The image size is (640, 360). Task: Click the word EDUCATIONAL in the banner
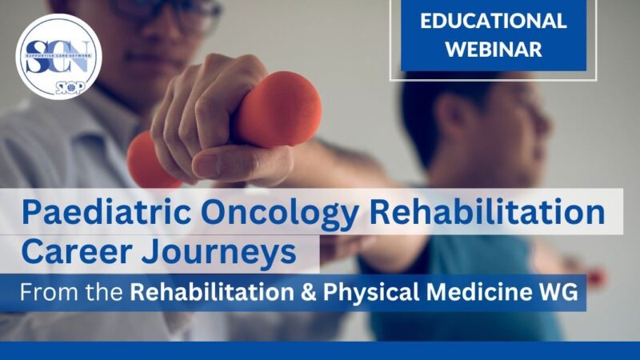click(x=494, y=21)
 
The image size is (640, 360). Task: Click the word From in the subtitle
click(x=43, y=293)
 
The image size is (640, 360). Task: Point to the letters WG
click(x=559, y=293)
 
